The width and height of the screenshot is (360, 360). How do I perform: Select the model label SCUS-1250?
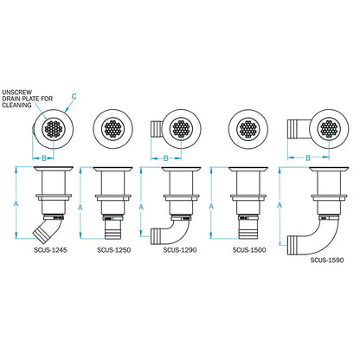click(x=113, y=252)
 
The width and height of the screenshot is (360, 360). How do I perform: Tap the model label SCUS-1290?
click(x=179, y=252)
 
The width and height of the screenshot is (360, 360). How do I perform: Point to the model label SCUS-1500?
click(x=249, y=252)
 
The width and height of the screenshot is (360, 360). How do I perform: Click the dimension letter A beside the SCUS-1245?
click(x=16, y=202)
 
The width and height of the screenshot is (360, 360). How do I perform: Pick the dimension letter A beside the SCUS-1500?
click(x=216, y=207)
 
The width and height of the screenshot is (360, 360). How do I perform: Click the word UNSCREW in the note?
click(x=16, y=91)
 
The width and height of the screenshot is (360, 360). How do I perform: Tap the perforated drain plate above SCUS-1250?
click(x=114, y=130)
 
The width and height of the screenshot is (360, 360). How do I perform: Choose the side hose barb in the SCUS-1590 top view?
click(x=298, y=130)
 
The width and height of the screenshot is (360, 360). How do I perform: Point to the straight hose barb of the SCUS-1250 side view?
click(x=113, y=231)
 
